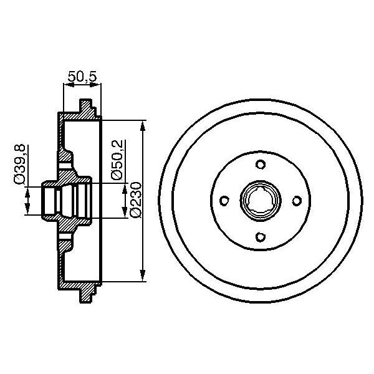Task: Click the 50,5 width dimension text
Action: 82,76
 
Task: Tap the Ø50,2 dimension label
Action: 116,160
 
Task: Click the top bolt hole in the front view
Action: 261,165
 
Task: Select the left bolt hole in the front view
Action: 225,200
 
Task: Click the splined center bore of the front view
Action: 261,200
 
